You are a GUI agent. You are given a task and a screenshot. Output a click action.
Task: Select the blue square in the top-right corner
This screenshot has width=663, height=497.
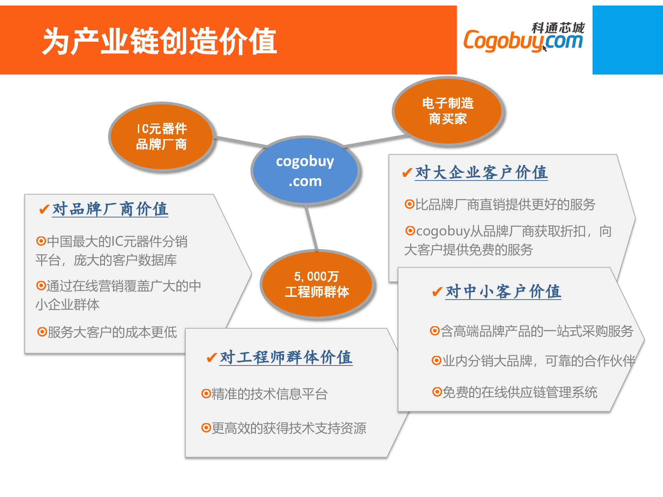[627, 40]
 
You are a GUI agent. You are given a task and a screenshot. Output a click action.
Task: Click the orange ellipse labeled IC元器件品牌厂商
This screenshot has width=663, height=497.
[161, 137]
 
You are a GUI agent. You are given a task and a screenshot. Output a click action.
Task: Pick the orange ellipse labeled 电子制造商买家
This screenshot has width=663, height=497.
[448, 111]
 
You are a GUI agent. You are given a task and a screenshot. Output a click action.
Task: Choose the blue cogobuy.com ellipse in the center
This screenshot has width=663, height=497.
[305, 171]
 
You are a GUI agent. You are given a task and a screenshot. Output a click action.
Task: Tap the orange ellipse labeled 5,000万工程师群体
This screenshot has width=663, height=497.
[317, 284]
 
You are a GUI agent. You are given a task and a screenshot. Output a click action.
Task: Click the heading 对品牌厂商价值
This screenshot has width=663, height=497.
[110, 209]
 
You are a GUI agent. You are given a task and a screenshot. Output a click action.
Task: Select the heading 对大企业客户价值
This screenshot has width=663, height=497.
[481, 173]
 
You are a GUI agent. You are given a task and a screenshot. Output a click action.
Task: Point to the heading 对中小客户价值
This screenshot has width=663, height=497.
[503, 292]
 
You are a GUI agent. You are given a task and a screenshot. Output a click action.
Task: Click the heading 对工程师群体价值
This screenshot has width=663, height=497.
[286, 357]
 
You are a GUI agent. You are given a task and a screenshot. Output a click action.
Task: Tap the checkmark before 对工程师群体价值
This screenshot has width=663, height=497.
[211, 358]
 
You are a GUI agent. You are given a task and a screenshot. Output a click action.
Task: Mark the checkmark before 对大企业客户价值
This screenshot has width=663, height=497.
[407, 172]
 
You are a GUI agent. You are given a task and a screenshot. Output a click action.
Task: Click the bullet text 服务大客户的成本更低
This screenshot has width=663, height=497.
[112, 332]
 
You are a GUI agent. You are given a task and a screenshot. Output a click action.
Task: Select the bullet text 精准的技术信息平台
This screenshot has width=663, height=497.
[269, 394]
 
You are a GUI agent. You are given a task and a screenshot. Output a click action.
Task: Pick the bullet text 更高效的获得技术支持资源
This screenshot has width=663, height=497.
[289, 428]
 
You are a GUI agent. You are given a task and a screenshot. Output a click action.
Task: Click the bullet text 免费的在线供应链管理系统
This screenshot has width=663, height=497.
[520, 392]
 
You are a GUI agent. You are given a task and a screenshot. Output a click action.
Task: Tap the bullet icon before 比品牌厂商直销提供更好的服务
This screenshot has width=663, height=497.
[409, 204]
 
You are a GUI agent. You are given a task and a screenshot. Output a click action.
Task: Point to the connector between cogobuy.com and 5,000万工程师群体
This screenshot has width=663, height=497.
[311, 228]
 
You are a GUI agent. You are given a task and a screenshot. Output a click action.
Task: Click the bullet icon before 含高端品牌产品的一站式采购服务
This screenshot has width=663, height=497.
[434, 331]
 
